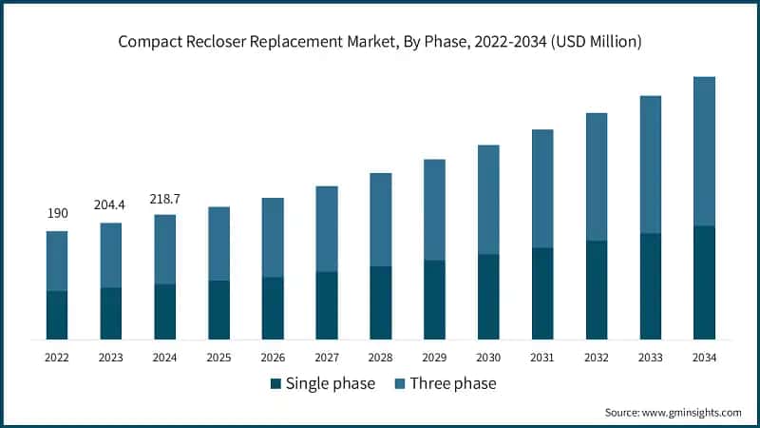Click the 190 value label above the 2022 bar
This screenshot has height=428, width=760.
pyautogui.click(x=57, y=214)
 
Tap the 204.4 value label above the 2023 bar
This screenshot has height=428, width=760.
pyautogui.click(x=111, y=205)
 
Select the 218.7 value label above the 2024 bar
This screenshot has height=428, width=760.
pyautogui.click(x=165, y=198)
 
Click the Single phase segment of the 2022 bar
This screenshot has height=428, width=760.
pyautogui.click(x=57, y=315)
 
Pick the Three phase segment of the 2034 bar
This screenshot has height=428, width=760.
pyautogui.click(x=704, y=151)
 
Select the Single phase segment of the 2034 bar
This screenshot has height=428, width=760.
pyautogui.click(x=704, y=282)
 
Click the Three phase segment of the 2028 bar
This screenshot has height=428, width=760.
pyautogui.click(x=380, y=220)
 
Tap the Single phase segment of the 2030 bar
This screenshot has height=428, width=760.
pyautogui.click(x=488, y=297)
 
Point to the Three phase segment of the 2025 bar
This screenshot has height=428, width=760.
pyautogui.click(x=218, y=243)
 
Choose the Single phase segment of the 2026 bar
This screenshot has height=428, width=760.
pyautogui.click(x=273, y=308)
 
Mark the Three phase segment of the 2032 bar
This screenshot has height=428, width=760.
pyautogui.click(x=596, y=177)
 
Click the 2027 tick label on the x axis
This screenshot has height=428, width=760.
pyautogui.click(x=327, y=357)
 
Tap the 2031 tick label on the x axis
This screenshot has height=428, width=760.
pyautogui.click(x=542, y=357)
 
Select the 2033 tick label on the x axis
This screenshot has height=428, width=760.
pyautogui.click(x=650, y=357)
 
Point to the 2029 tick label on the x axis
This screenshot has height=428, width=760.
pyautogui.click(x=434, y=357)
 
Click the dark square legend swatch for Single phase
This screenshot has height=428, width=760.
pyautogui.click(x=275, y=383)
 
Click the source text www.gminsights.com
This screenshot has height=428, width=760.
pyautogui.click(x=693, y=412)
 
